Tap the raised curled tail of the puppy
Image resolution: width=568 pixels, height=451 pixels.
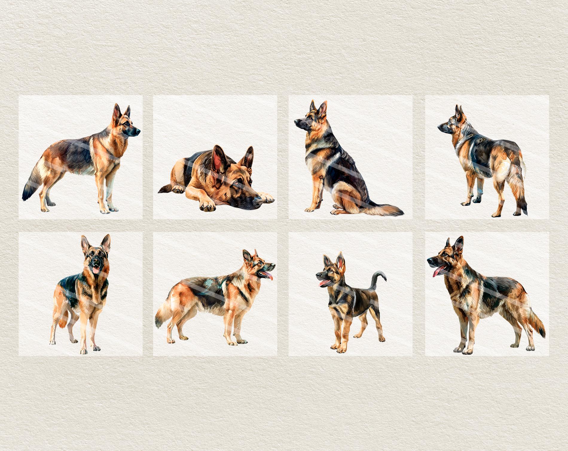pos(377,277)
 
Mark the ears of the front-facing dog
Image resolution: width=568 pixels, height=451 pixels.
pos(96,244)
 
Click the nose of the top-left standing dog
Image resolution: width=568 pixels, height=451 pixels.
pos(138,131)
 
